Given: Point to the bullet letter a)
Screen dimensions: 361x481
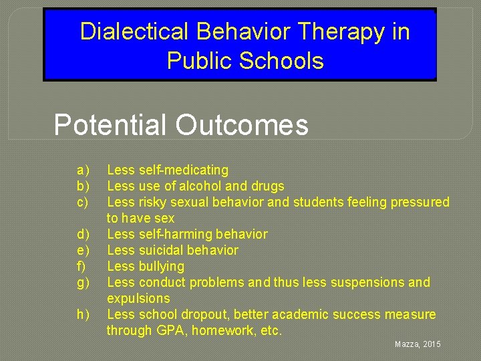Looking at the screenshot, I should pyautogui.click(x=83, y=170).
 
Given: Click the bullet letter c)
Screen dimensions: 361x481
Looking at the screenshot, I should pyautogui.click(x=83, y=203).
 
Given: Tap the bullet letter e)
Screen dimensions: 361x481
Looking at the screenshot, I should pyautogui.click(x=83, y=251).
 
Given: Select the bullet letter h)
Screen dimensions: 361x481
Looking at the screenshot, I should pyautogui.click(x=83, y=315).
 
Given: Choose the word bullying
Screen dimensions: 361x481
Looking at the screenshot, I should pyautogui.click(x=161, y=267).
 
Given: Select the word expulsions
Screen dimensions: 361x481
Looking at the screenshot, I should pyautogui.click(x=138, y=299).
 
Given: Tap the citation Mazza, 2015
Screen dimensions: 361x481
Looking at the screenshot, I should pyautogui.click(x=417, y=344).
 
